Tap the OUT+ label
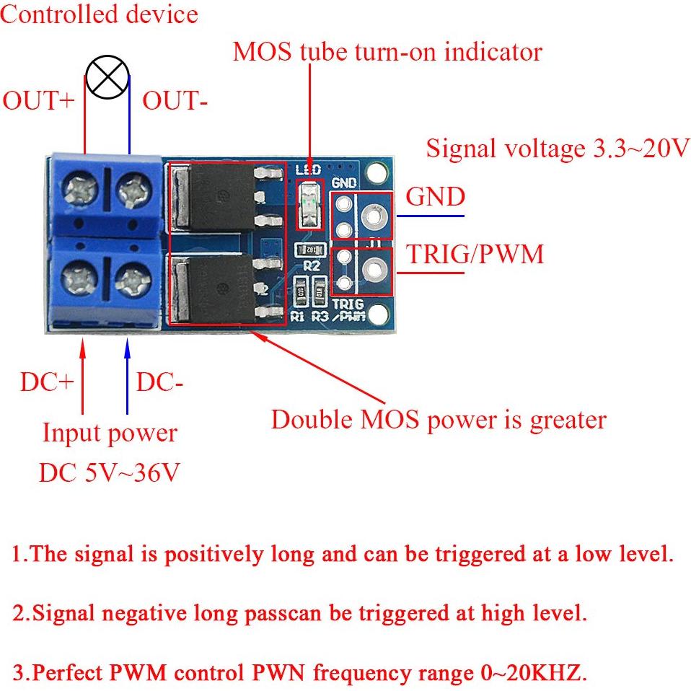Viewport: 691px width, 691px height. [x=38, y=101]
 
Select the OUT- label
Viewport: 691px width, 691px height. [x=175, y=101]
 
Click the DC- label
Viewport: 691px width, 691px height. [x=159, y=382]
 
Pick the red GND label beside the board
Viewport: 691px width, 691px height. [x=436, y=196]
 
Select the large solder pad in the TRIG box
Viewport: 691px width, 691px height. [x=374, y=270]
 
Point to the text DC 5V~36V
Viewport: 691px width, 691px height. [x=109, y=472]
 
